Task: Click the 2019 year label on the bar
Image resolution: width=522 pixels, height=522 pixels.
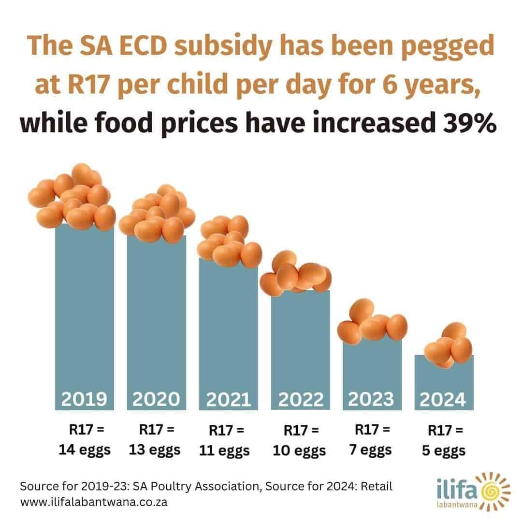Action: click(84, 399)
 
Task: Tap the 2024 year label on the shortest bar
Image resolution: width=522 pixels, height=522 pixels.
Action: click(443, 400)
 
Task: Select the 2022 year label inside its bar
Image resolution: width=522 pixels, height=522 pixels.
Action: click(300, 400)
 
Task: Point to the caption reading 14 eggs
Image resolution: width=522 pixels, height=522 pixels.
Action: click(85, 450)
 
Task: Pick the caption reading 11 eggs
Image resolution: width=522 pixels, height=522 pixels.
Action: click(225, 450)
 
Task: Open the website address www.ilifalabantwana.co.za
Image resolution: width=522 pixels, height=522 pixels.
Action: click(94, 502)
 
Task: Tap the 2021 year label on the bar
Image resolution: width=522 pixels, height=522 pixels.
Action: click(229, 400)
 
